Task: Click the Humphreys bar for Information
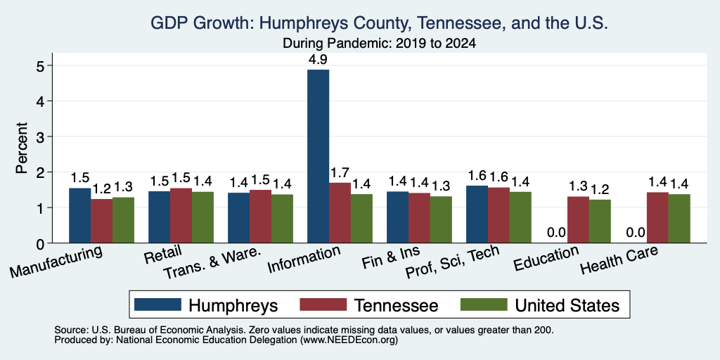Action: click(x=319, y=156)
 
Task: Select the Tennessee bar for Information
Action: click(x=340, y=212)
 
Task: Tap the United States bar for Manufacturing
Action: click(x=124, y=220)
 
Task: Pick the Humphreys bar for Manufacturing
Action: click(x=80, y=215)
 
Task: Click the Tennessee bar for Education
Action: click(x=578, y=219)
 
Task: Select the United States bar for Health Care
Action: click(x=679, y=219)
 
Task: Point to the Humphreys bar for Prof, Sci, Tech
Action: click(x=477, y=214)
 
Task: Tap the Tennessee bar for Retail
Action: click(x=181, y=215)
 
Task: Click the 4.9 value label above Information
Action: click(x=319, y=59)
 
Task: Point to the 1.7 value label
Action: click(x=340, y=173)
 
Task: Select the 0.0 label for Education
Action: click(x=556, y=232)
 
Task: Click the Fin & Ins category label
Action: click(x=392, y=257)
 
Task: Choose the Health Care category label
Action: click(x=619, y=259)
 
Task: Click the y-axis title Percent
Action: click(x=22, y=148)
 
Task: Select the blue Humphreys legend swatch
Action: click(x=157, y=304)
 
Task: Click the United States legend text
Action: click(x=567, y=305)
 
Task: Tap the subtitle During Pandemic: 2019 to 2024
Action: click(x=379, y=44)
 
